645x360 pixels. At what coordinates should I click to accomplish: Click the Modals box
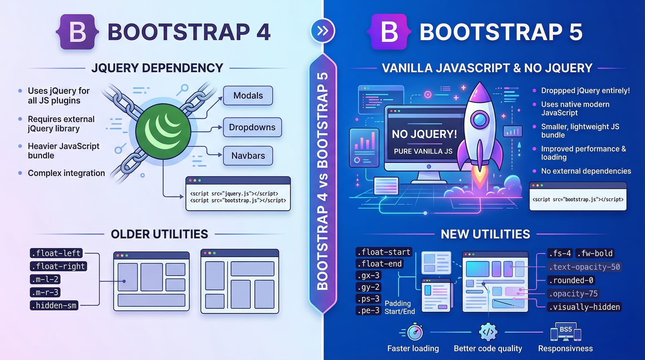click(x=248, y=95)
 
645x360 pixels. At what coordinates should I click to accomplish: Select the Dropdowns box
click(x=252, y=127)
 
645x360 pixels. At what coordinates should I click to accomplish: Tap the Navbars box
click(x=248, y=155)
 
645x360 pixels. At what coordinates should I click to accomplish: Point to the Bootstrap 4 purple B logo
click(x=77, y=32)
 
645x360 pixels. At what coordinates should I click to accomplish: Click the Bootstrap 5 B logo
click(x=389, y=32)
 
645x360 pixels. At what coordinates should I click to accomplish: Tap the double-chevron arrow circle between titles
click(x=323, y=31)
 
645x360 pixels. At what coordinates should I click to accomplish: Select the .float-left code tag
click(x=56, y=253)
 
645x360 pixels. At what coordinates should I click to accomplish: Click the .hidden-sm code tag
click(x=55, y=305)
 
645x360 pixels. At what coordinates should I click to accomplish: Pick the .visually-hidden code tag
click(x=584, y=307)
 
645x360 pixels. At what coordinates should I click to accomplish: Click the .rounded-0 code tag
click(x=571, y=280)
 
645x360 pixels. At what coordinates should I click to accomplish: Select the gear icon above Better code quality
click(x=488, y=332)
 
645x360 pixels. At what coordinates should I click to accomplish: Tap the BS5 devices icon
click(x=566, y=332)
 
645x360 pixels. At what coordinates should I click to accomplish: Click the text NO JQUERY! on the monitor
click(x=424, y=134)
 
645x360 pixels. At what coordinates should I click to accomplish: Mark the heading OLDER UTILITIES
click(x=159, y=234)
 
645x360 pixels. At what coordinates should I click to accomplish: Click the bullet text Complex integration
click(x=66, y=173)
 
